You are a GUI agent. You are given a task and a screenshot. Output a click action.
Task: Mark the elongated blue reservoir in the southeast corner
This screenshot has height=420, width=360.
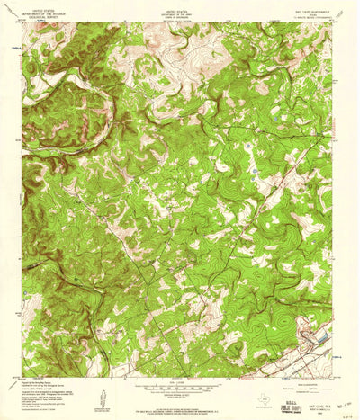click(317, 336)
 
